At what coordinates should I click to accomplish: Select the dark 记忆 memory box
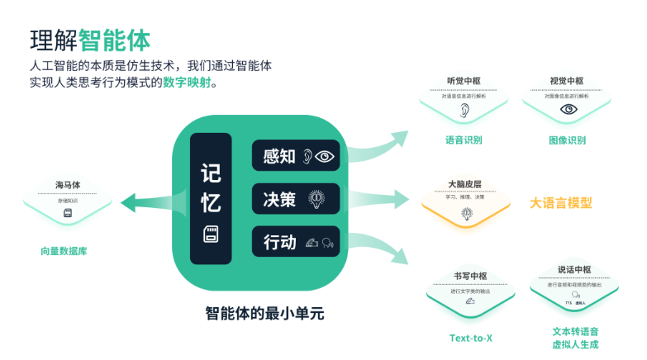[211, 198]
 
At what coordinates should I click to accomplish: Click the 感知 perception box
[296, 156]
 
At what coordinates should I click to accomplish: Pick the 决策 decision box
[296, 199]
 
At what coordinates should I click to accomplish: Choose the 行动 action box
[296, 242]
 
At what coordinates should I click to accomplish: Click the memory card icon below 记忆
[211, 234]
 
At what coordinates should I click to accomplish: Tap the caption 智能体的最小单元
[264, 314]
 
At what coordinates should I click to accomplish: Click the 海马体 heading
[68, 185]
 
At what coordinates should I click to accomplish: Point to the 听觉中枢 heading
[464, 81]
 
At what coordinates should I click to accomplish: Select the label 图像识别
[567, 140]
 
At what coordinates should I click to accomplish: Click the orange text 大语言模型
[561, 202]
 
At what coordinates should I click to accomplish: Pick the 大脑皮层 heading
[464, 184]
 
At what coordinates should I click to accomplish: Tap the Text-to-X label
[471, 338]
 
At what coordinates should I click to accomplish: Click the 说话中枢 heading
[569, 269]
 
